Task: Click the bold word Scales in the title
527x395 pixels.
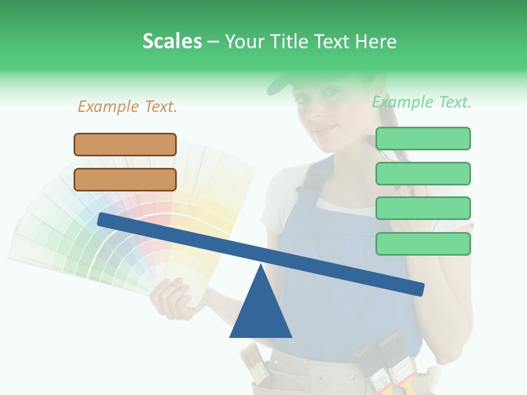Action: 172,41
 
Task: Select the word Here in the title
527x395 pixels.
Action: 375,41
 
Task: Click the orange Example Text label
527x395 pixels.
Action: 127,106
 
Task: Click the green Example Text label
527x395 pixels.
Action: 422,102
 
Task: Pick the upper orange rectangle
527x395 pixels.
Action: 125,144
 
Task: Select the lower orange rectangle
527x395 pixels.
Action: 125,179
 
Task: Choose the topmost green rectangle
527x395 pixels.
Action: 423,138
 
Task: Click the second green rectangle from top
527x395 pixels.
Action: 423,173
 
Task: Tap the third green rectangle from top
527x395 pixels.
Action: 423,208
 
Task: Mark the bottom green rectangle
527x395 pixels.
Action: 423,244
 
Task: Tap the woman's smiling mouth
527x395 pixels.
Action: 324,130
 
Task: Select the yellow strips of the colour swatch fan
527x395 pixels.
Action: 220,219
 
